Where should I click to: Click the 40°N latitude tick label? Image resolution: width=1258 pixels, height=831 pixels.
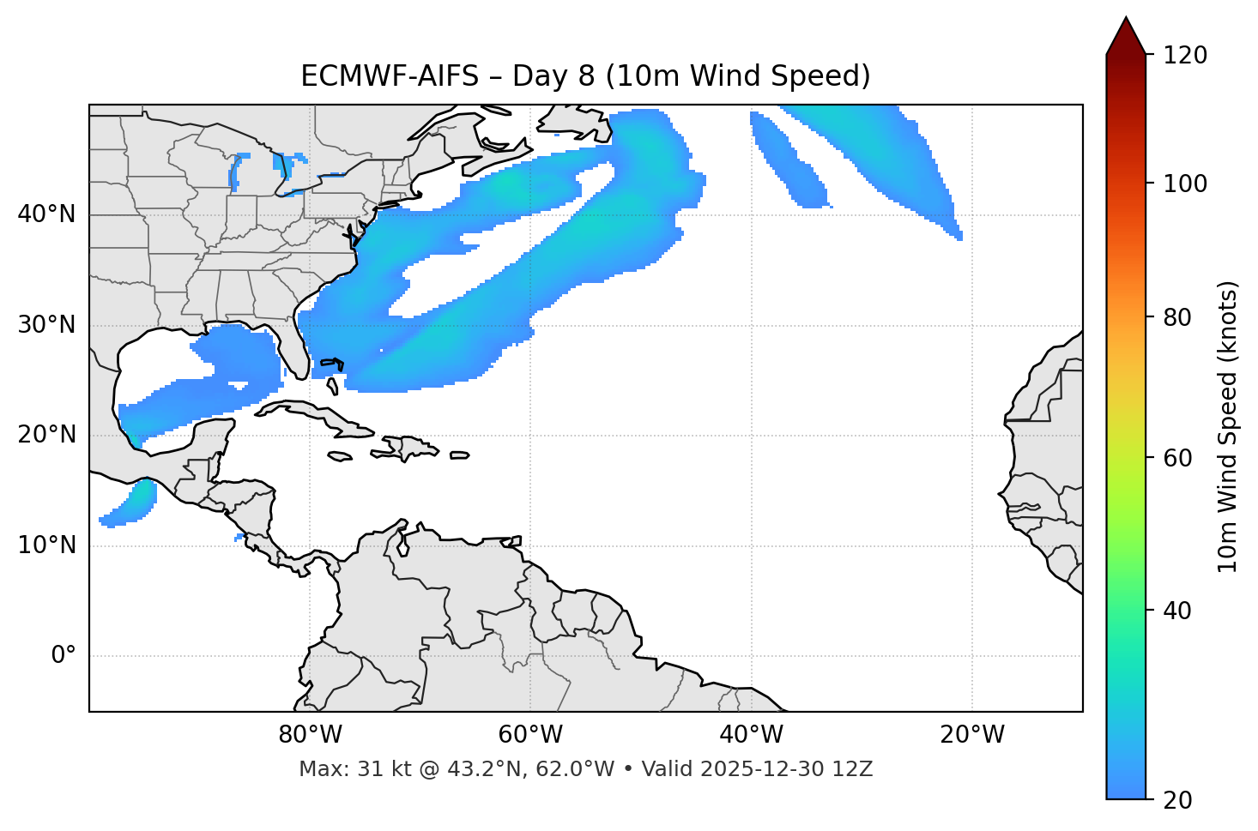(46, 214)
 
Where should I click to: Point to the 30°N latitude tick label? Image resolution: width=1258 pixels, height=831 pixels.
(46, 325)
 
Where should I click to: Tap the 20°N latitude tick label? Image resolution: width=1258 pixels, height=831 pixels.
(46, 435)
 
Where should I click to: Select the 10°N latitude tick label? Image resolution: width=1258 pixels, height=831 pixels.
(46, 545)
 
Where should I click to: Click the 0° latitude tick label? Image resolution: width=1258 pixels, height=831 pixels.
(64, 656)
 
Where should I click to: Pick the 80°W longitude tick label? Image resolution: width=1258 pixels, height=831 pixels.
(310, 735)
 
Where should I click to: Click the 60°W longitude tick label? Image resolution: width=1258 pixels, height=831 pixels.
(530, 735)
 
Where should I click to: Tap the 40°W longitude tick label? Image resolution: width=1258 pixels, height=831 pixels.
(751, 735)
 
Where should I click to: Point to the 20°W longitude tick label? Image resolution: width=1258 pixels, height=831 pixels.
(971, 735)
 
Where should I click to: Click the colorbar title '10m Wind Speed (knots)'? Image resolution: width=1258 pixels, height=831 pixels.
(1228, 426)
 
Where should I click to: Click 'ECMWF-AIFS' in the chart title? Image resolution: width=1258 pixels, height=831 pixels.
(390, 76)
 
